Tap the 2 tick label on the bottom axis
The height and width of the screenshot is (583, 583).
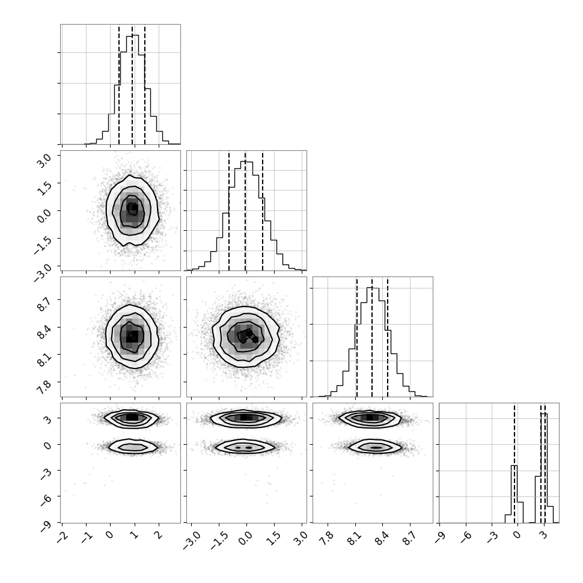(x=159, y=536)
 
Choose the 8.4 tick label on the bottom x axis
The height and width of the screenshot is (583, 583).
(x=382, y=539)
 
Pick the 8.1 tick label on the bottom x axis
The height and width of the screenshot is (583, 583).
(x=355, y=539)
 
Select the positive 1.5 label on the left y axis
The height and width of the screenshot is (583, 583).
(x=44, y=188)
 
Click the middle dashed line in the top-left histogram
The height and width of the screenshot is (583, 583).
(x=132, y=85)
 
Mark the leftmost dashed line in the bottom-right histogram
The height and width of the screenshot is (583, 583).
(x=514, y=463)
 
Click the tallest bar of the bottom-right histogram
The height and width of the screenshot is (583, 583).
(x=545, y=468)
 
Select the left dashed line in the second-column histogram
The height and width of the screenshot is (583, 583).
(x=229, y=211)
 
